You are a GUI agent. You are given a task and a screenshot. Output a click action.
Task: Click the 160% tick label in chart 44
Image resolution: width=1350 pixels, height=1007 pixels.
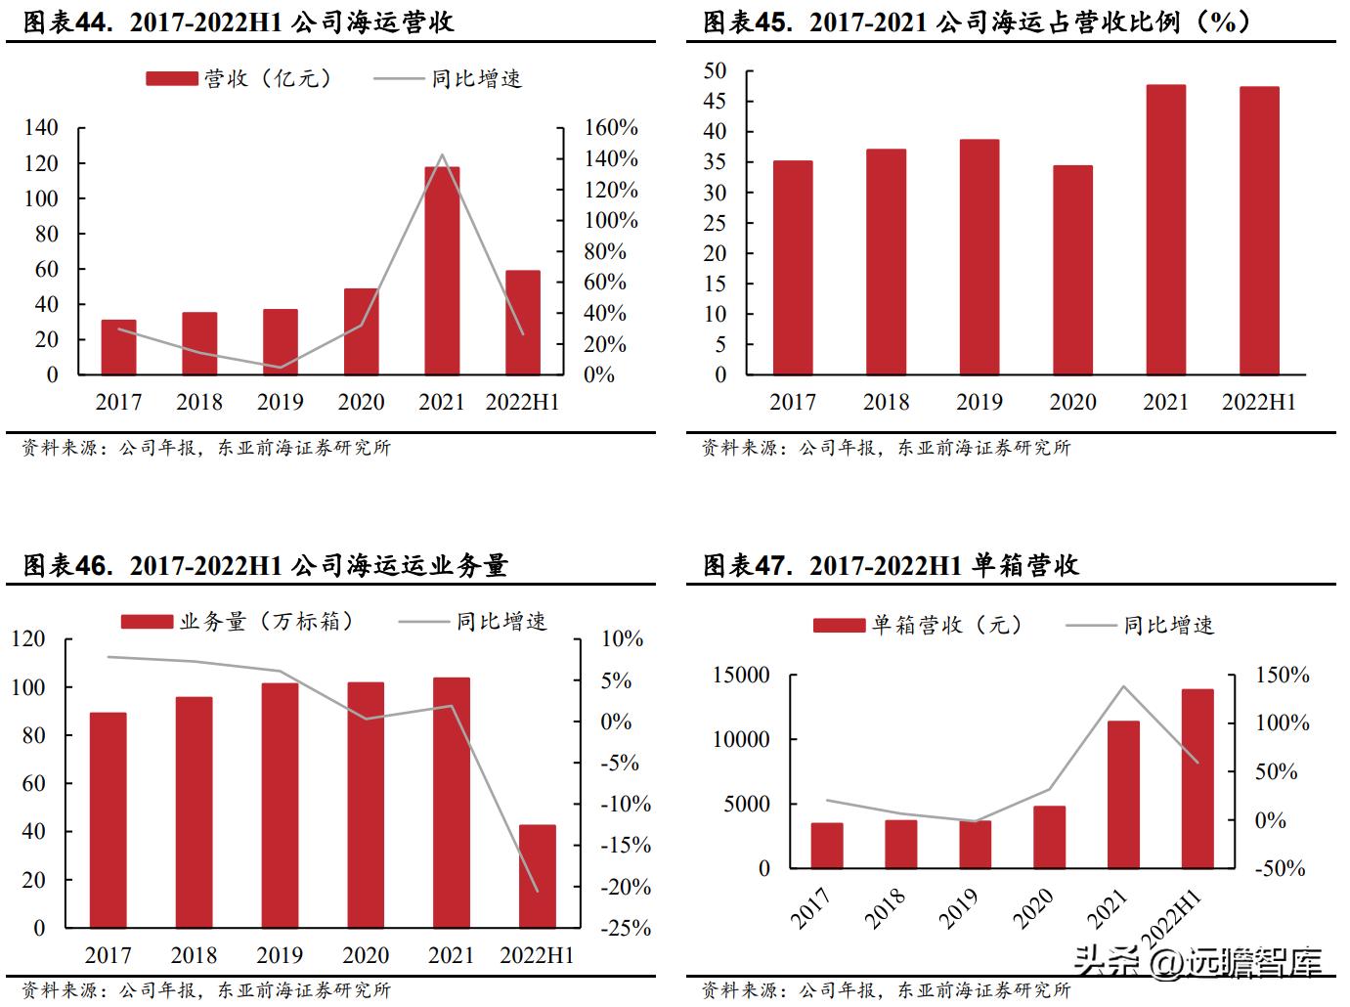pos(611,128)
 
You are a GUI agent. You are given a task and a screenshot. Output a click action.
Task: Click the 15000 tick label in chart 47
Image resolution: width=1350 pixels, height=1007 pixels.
pos(741,676)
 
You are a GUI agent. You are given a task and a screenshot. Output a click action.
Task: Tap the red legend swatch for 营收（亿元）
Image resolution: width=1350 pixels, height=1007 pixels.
pos(172,78)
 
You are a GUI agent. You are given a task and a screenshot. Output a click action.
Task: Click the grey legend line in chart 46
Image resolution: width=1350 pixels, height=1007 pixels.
pos(422,622)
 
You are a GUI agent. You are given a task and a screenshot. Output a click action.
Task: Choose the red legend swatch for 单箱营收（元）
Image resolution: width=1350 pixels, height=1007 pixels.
pos(839,626)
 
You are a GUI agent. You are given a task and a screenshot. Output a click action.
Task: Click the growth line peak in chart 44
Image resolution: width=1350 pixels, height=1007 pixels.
pos(442,154)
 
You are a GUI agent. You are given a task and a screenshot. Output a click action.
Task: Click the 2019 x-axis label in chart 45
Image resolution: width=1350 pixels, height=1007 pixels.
pos(979,402)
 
